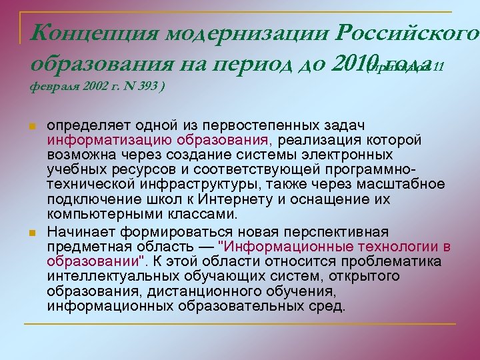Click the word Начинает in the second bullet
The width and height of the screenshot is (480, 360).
click(x=79, y=231)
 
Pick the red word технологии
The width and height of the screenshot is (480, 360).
click(x=403, y=247)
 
